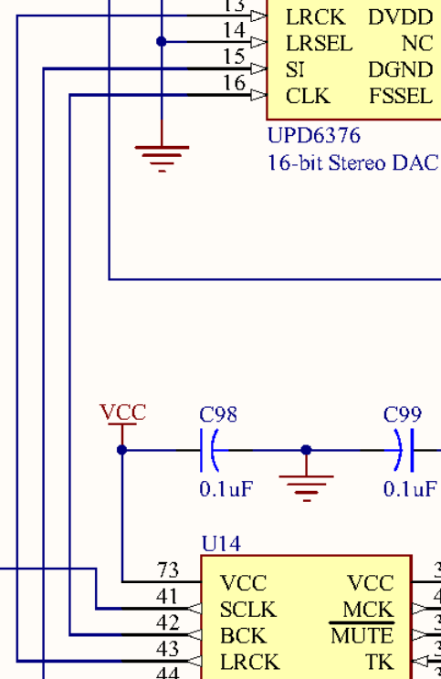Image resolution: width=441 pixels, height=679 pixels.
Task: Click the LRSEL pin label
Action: coord(320,43)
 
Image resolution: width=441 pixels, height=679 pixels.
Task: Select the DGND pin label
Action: coord(400,69)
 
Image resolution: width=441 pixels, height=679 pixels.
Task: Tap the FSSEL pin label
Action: coord(401,96)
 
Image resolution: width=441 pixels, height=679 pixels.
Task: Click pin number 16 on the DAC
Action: coord(234,82)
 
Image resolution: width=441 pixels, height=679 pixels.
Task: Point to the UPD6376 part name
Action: coord(314,136)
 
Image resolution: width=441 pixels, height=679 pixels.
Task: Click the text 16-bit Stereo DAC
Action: coord(353,162)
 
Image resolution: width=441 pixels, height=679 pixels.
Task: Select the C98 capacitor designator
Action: coord(218,414)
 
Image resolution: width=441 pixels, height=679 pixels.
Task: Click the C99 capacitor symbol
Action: coord(404,450)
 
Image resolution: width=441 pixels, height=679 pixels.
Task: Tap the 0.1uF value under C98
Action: coord(226,488)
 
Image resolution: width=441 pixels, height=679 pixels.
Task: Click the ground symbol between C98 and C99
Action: coord(306,488)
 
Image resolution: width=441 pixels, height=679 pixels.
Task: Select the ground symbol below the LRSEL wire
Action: coord(162,159)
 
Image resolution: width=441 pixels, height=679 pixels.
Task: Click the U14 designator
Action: coord(221,543)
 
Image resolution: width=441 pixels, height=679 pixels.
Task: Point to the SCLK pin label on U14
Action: coord(247,610)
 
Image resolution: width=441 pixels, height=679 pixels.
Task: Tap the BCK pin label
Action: coord(243,636)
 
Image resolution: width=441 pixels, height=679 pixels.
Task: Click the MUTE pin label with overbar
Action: coord(362,635)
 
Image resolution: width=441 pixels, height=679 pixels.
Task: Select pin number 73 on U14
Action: coord(168,569)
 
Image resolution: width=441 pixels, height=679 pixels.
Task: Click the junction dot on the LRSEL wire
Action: coord(161,42)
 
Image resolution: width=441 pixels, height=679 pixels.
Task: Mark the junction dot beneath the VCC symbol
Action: coord(122,450)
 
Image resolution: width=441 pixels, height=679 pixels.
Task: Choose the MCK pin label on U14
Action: coord(368,610)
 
